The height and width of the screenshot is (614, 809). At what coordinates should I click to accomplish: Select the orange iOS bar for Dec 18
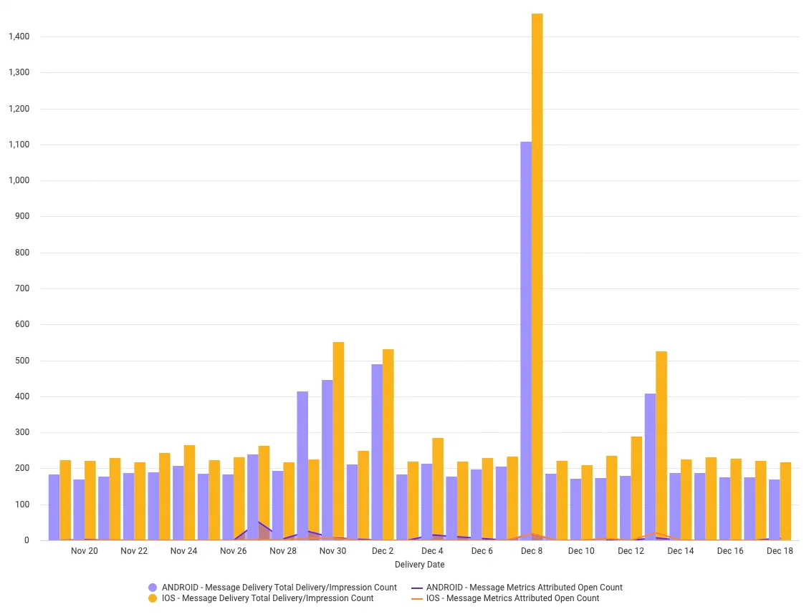[x=785, y=501]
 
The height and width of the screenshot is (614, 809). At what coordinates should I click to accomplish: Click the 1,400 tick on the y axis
[x=19, y=36]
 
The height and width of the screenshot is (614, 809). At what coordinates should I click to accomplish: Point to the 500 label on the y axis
[x=22, y=361]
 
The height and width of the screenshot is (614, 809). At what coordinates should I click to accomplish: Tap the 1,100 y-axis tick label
[x=19, y=145]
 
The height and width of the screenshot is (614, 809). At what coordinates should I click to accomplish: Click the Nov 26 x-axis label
[x=233, y=551]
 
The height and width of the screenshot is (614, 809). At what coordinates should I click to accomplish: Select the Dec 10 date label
[x=581, y=551]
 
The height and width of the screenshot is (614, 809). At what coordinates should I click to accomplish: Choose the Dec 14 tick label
[x=680, y=551]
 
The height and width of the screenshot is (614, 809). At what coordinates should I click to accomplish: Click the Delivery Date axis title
[x=419, y=565]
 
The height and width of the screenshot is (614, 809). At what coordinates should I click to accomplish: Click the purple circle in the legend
[x=153, y=588]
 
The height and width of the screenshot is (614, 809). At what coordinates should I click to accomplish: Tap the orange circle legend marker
[x=153, y=598]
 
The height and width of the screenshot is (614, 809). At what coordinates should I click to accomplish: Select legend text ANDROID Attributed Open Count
[x=524, y=588]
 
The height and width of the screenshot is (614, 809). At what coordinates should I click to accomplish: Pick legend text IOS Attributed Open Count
[x=512, y=598]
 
